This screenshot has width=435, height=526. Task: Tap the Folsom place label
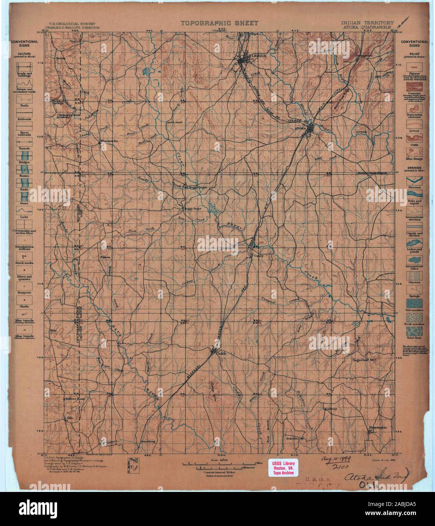click(x=105, y=257)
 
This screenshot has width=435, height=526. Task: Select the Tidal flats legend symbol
click(x=414, y=336)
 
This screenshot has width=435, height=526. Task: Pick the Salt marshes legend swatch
click(x=414, y=303)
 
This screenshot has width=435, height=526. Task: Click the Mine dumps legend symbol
click(x=414, y=152)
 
